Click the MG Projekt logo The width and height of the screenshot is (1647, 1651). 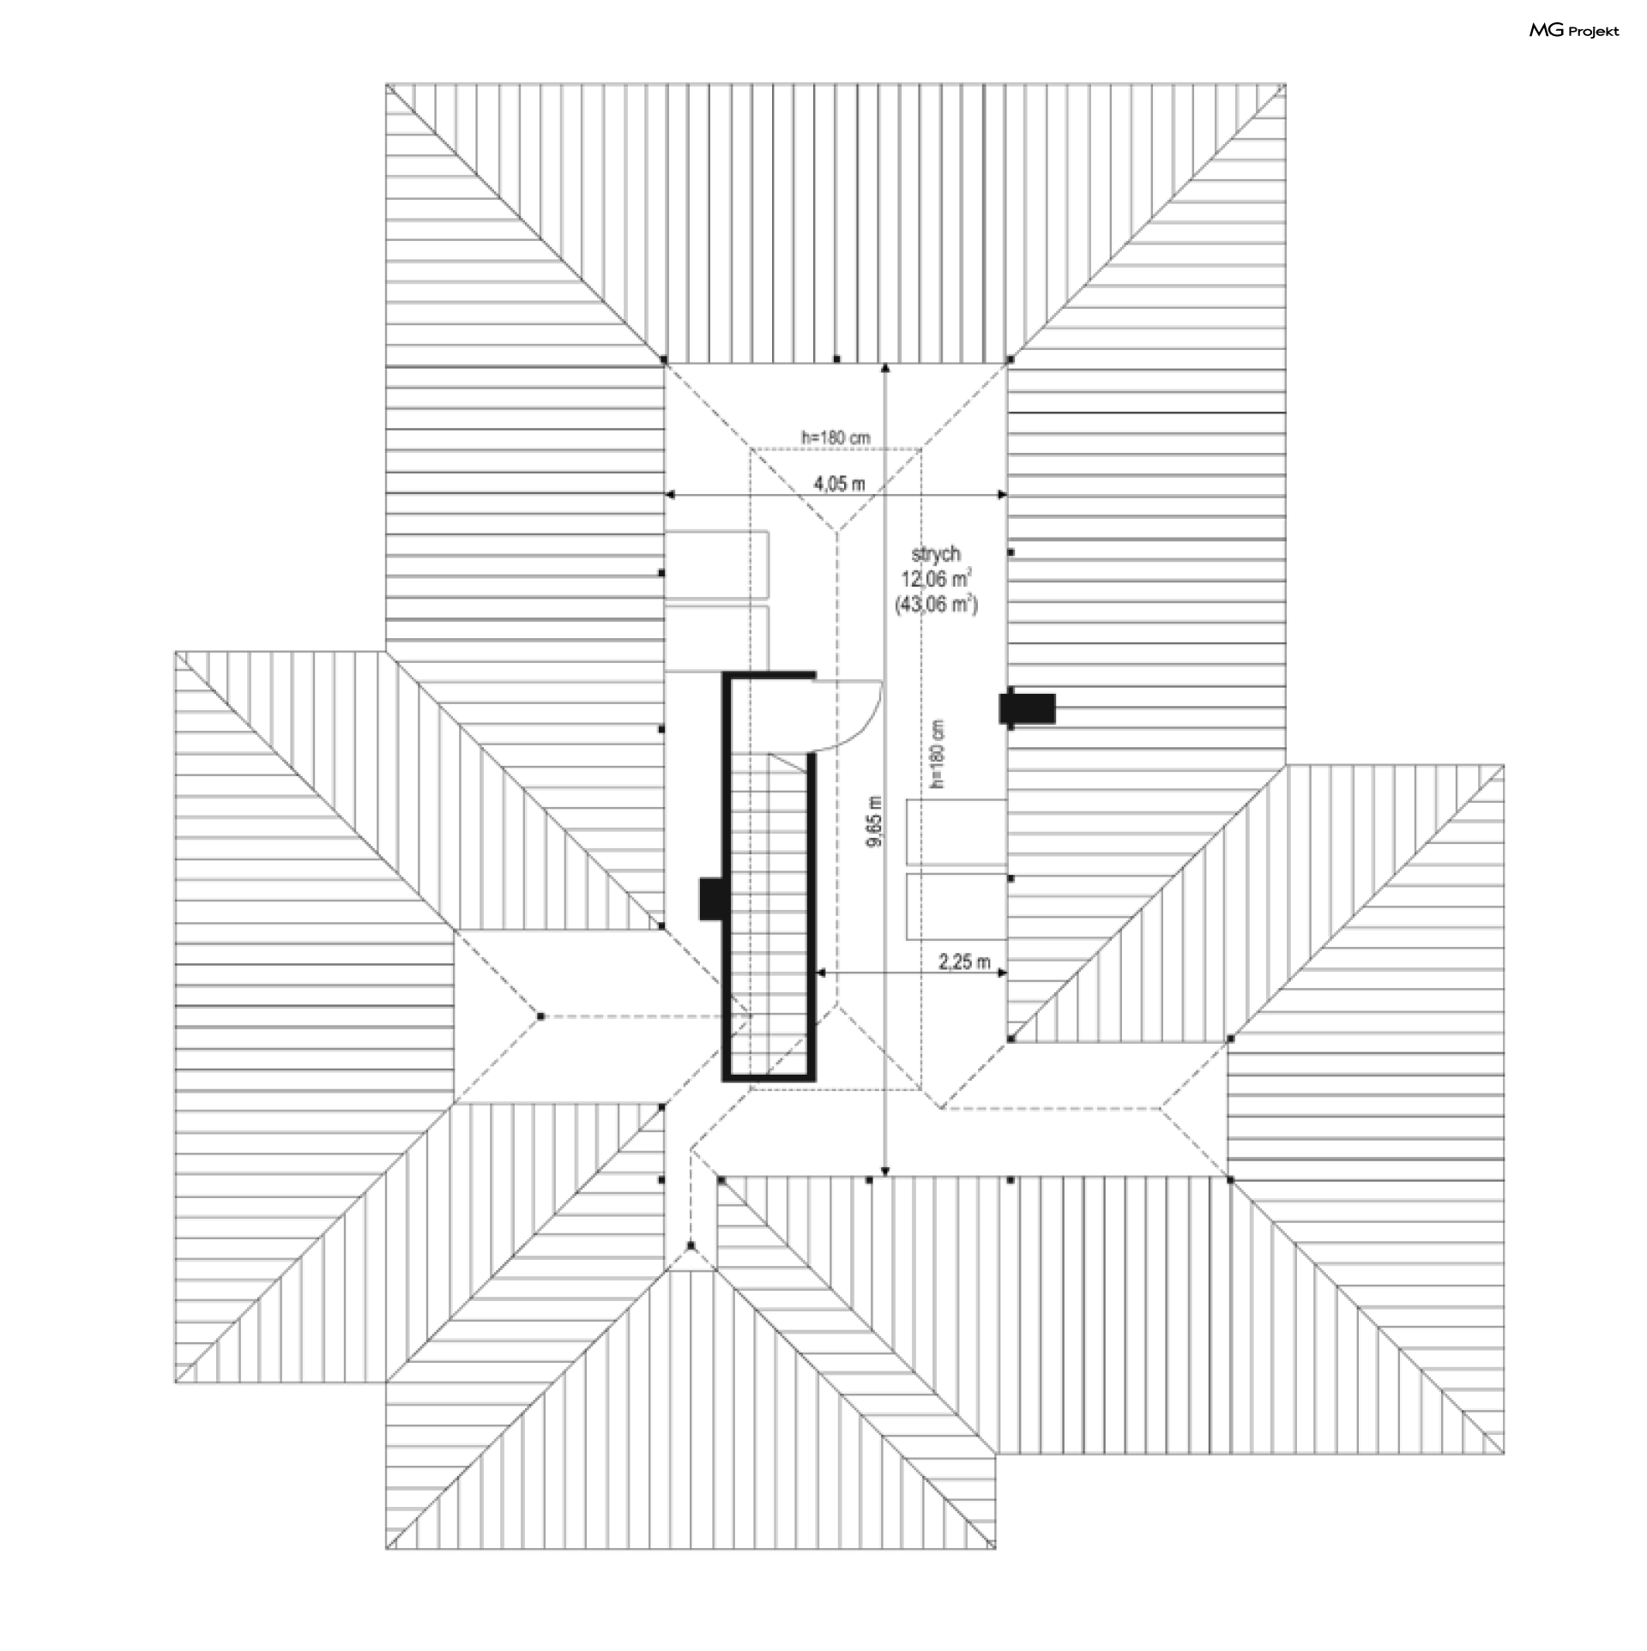point(1574,31)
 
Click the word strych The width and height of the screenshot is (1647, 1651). point(936,554)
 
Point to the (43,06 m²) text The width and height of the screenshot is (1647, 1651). point(936,605)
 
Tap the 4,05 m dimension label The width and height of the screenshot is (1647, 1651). point(839,484)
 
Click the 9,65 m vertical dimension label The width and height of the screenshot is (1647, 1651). point(874,822)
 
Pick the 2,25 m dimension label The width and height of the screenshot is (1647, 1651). point(965,961)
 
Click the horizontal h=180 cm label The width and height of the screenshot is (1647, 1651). point(836,437)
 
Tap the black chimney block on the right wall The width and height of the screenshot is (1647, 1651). point(1028,708)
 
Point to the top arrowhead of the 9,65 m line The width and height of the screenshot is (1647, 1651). point(885,368)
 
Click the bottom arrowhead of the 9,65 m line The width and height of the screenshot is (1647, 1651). point(885,1172)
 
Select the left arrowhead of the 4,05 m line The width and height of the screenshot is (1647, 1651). point(672,495)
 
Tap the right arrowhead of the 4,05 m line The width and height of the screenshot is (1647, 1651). point(1000,495)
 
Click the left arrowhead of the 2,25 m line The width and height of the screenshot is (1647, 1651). point(821,973)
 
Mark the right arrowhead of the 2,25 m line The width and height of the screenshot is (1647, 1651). point(1000,973)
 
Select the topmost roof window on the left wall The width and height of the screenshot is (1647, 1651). point(716,565)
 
